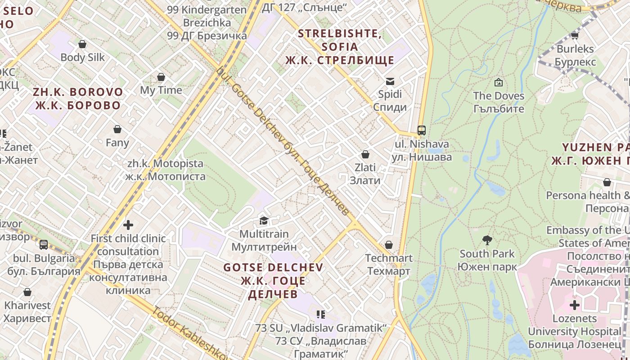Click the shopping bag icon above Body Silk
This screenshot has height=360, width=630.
click(x=82, y=44)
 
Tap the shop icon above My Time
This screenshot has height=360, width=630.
click(x=161, y=77)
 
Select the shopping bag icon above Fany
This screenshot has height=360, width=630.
click(x=117, y=130)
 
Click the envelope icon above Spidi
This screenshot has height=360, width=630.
click(x=390, y=81)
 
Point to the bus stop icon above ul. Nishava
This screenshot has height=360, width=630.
click(x=421, y=130)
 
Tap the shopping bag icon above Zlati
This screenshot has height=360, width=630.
click(x=365, y=154)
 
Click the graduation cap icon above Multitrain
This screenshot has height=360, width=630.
click(x=264, y=220)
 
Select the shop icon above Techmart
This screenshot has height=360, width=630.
click(x=389, y=245)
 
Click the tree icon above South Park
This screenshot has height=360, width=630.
click(x=487, y=240)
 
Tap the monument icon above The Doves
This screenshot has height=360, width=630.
click(x=499, y=82)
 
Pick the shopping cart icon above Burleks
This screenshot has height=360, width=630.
click(x=575, y=36)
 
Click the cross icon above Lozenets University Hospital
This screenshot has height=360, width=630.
click(x=575, y=305)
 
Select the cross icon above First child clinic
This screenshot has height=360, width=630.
click(x=128, y=225)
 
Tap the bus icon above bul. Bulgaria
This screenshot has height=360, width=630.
click(x=44, y=245)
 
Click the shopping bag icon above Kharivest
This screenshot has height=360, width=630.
click(x=27, y=292)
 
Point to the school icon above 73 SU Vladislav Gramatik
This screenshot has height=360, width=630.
click(x=321, y=314)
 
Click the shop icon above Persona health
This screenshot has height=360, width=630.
click(x=607, y=182)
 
